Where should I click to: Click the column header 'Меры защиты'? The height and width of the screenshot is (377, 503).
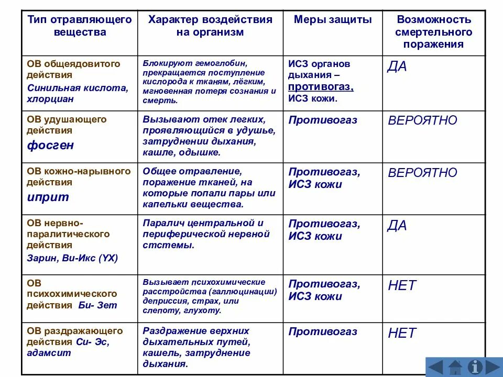click(333, 20)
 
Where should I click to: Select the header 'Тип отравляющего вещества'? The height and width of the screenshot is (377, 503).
click(79, 26)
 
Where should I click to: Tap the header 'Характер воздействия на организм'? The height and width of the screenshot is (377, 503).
click(210, 26)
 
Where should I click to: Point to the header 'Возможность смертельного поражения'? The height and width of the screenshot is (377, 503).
click(434, 32)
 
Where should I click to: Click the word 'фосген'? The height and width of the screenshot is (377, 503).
click(50, 145)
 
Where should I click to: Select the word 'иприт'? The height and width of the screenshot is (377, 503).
click(48, 197)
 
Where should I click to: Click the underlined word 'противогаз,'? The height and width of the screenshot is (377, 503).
click(321, 87)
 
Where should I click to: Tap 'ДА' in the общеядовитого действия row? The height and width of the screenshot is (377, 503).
click(397, 66)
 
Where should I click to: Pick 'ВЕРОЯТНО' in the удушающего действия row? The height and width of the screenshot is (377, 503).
click(422, 120)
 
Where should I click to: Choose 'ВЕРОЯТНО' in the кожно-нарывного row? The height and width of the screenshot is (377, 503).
click(422, 173)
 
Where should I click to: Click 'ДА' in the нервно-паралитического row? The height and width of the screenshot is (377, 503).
click(397, 226)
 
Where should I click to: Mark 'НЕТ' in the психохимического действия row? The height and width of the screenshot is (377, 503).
click(402, 285)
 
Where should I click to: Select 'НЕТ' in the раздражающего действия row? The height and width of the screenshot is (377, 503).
click(402, 333)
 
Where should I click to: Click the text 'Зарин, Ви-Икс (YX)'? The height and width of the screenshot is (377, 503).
click(72, 258)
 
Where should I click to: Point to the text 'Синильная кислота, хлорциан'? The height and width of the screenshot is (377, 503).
click(77, 93)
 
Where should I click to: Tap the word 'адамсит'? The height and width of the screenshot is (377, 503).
click(49, 352)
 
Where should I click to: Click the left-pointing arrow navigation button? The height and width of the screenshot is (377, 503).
click(435, 367)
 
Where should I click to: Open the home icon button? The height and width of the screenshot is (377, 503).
click(455, 367)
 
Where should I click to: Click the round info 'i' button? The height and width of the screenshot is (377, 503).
click(475, 367)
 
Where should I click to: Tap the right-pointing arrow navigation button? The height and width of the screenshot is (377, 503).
click(493, 367)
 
